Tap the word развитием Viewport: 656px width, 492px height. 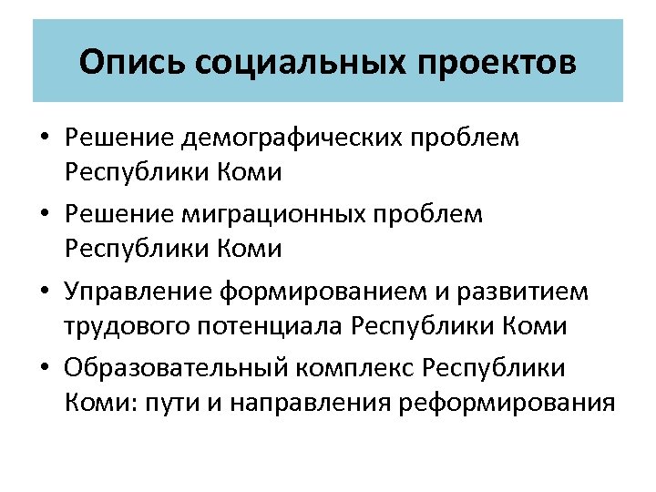click(x=535, y=292)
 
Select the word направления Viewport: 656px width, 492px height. click(x=294, y=402)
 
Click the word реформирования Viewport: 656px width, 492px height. click(x=507, y=402)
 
